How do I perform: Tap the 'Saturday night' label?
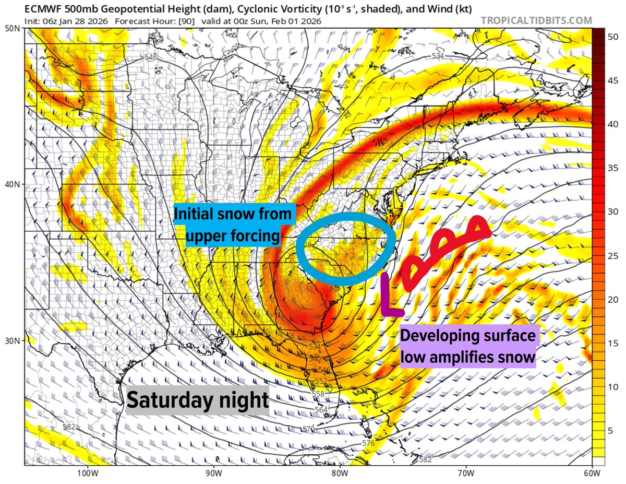(197, 400)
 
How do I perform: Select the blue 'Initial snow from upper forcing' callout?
(233, 225)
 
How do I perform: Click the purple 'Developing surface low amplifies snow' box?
(468, 347)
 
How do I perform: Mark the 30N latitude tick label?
(12, 340)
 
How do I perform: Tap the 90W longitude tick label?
(211, 474)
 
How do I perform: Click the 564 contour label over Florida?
(321, 410)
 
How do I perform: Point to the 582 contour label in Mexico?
(68, 427)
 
